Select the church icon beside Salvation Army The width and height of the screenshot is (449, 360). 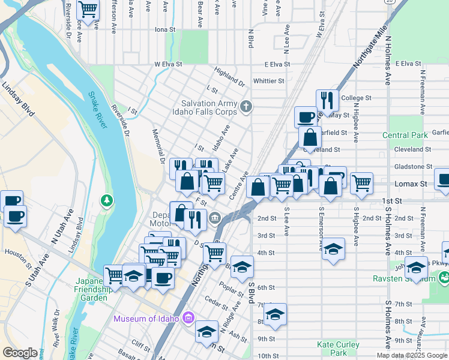(246, 107)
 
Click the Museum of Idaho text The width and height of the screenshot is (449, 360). (146, 317)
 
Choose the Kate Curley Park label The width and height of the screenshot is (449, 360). (338, 349)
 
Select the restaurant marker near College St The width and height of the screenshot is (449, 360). (327, 100)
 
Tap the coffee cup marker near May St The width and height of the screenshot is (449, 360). (306, 116)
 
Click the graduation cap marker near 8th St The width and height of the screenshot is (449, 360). (275, 314)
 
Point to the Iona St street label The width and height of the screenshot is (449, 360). (164, 29)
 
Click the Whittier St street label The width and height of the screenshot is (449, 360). (268, 81)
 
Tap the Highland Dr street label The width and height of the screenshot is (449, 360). (229, 76)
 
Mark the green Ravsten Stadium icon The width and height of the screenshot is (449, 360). (444, 278)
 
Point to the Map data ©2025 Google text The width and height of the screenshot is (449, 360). (411, 355)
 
